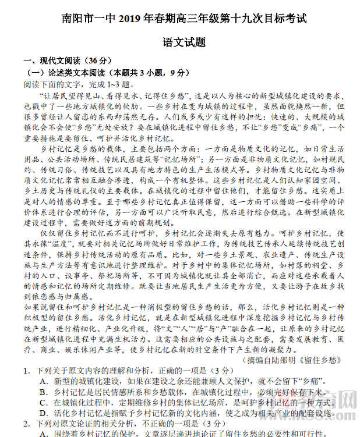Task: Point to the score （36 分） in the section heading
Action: pos(97,61)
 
